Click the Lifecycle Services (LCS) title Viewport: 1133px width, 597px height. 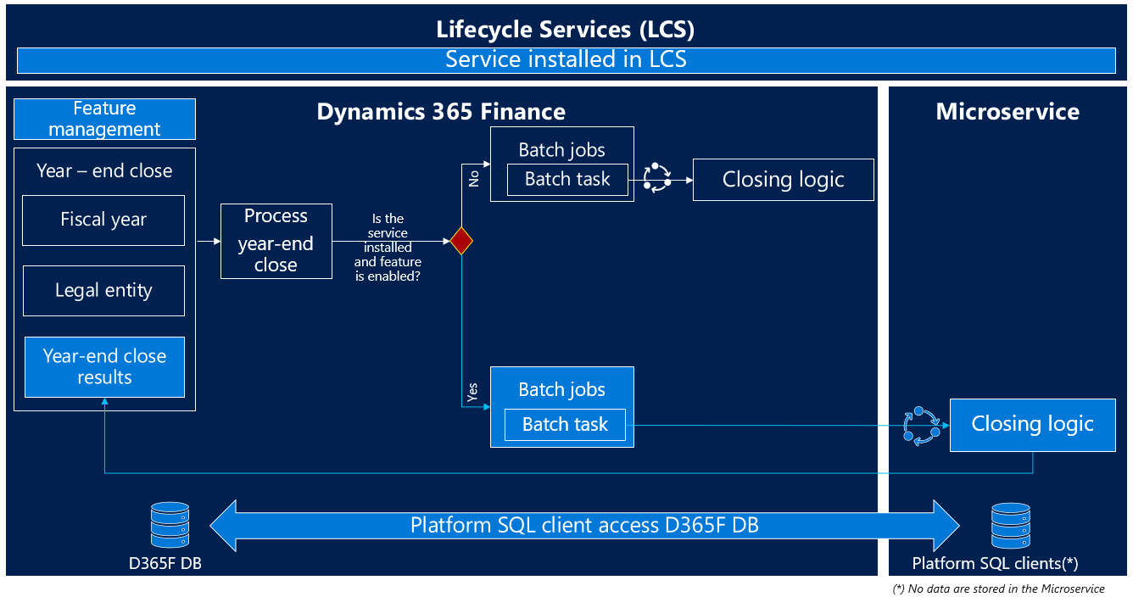[566, 30]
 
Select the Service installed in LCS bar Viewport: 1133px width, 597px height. [566, 59]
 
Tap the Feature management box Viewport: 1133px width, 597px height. [104, 119]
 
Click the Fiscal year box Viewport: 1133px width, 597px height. [103, 220]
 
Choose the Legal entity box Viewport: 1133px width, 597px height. [103, 290]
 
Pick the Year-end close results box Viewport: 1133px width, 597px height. [104, 366]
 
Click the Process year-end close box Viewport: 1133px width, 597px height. [276, 241]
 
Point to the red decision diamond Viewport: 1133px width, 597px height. [460, 241]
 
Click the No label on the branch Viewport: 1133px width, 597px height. [474, 177]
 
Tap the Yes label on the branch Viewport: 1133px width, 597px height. [472, 392]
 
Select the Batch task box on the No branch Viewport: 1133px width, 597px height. [567, 179]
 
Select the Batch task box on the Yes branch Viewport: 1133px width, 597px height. [565, 424]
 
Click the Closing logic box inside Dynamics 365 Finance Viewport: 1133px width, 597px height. [783, 180]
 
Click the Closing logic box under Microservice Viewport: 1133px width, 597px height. [1032, 424]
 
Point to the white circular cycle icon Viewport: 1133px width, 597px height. [656, 177]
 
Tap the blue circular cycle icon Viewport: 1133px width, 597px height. [921, 425]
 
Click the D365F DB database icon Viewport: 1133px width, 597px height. [169, 525]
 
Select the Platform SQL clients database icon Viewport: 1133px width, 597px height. [1011, 526]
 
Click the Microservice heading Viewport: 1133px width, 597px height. [1007, 112]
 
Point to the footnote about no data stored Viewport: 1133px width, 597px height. [999, 589]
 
